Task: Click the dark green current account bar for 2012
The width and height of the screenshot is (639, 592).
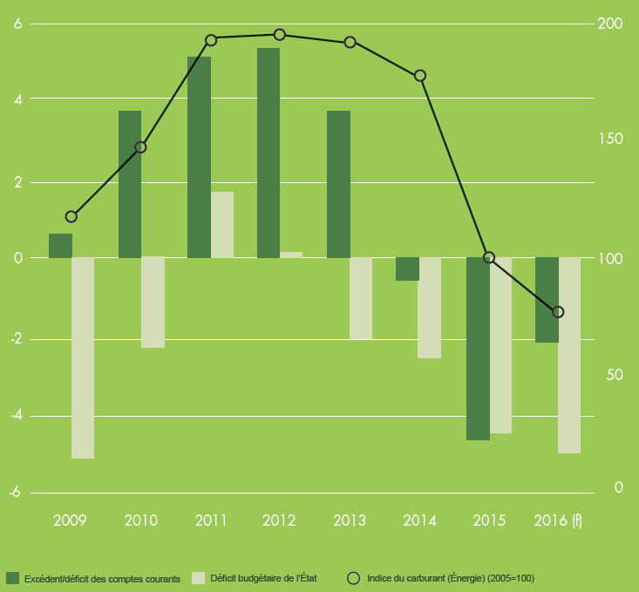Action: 269,153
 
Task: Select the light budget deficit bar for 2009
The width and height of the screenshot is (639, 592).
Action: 83,357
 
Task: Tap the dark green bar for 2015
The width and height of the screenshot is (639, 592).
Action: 478,349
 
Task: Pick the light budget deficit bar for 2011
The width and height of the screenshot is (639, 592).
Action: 222,225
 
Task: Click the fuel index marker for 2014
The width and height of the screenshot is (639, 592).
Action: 420,76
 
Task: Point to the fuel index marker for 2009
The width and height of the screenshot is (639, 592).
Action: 71,217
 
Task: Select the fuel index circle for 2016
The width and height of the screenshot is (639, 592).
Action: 559,312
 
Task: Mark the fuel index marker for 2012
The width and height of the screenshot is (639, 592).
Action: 280,35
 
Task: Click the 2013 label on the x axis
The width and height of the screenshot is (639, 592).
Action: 350,521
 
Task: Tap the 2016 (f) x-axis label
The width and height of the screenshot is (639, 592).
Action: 557,521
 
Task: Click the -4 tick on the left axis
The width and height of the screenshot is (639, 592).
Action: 15,416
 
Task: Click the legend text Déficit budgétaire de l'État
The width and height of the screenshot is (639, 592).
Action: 264,578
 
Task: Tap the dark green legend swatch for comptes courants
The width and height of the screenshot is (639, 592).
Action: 12,578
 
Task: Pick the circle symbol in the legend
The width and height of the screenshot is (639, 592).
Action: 353,578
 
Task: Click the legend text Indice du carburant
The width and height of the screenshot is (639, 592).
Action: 451,578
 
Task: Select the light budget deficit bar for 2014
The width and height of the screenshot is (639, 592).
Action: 430,308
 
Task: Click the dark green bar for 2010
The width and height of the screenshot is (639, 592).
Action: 130,184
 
